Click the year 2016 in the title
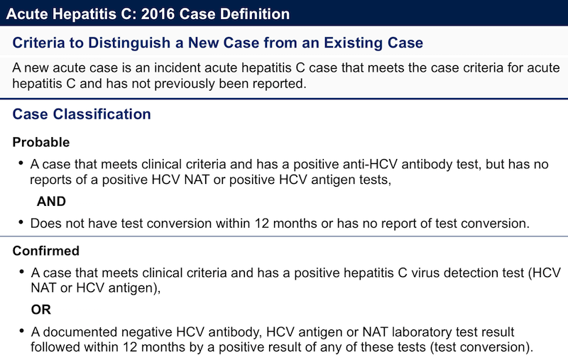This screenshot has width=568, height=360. point(158,14)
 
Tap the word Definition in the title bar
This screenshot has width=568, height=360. point(255,14)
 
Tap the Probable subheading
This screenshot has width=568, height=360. point(41,142)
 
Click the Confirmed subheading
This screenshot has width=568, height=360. point(45,251)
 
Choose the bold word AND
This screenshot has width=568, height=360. point(51,202)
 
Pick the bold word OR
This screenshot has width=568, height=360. point(41,310)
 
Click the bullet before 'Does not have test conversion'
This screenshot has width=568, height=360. point(21,222)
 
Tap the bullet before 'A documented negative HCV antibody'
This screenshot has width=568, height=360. point(22,331)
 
